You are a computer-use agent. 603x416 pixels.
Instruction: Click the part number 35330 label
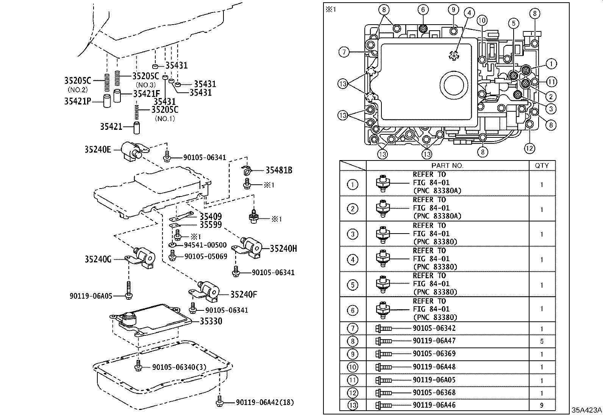pyautogui.click(x=211, y=321)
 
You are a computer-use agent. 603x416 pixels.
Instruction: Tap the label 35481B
pyautogui.click(x=278, y=170)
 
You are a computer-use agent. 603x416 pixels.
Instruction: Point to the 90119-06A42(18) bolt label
pyautogui.click(x=265, y=402)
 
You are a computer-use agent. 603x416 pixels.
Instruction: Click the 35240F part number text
pyautogui.click(x=243, y=294)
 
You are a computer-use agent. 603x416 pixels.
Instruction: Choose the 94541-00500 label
pyautogui.click(x=205, y=245)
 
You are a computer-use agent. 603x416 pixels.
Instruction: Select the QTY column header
pyautogui.click(x=542, y=165)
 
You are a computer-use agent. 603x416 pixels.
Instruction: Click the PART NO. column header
pyautogui.click(x=447, y=165)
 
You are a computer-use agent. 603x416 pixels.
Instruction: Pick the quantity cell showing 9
pyautogui.click(x=542, y=405)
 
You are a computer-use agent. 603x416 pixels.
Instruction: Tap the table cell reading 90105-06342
pyautogui.click(x=434, y=328)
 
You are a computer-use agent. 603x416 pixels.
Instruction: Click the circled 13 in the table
pyautogui.click(x=352, y=405)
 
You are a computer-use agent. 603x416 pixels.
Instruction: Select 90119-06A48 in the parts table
pyautogui.click(x=434, y=367)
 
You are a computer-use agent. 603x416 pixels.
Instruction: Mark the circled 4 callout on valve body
pyautogui.click(x=469, y=13)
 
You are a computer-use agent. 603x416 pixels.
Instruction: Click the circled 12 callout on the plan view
pyautogui.click(x=530, y=148)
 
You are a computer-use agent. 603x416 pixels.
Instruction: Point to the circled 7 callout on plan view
pyautogui.click(x=344, y=52)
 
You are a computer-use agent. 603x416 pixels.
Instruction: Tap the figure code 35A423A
pyautogui.click(x=587, y=410)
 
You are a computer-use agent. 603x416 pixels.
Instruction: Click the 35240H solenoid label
pyautogui.click(x=283, y=249)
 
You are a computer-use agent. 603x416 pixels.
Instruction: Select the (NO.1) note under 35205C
pyautogui.click(x=165, y=118)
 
